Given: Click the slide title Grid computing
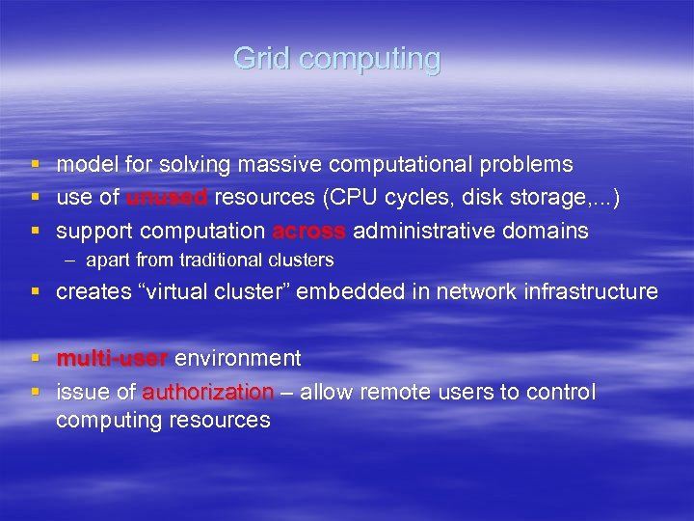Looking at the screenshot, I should (336, 59).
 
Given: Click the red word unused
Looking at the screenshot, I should (167, 198).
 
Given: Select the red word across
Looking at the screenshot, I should (309, 231).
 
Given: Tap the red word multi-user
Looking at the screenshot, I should (112, 359).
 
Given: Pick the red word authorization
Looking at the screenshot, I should (208, 392).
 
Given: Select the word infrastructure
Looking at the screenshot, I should (591, 292).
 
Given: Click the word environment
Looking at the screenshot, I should (237, 359).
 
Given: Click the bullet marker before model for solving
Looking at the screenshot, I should (35, 165).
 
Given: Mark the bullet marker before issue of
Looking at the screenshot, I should (35, 392).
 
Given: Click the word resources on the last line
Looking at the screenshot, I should (220, 421).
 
